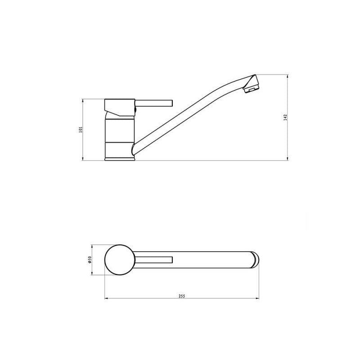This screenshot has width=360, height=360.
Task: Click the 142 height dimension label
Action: click(x=285, y=117)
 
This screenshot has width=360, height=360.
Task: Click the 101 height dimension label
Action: click(x=80, y=130)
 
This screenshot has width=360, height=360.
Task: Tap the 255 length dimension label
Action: click(x=182, y=296)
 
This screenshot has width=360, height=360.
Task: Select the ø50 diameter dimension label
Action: click(x=90, y=260)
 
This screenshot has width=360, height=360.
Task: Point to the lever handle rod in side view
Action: click(x=153, y=103)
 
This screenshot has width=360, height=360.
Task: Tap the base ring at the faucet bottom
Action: click(x=119, y=159)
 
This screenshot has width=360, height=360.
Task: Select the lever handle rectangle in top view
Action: click(x=154, y=260)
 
